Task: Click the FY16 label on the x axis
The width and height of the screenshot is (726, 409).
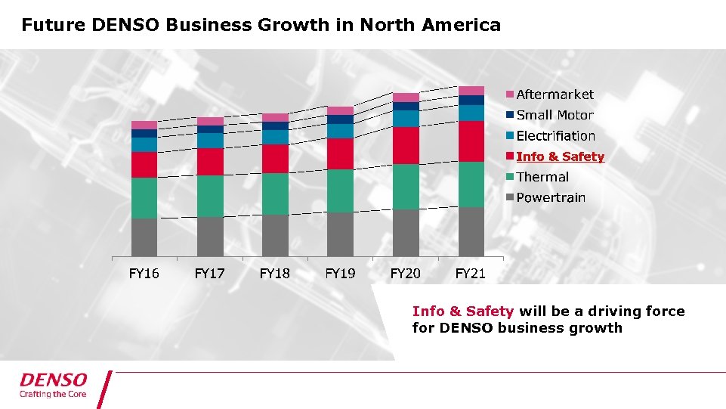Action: click(x=144, y=273)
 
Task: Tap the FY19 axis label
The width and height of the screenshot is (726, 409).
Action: click(x=340, y=273)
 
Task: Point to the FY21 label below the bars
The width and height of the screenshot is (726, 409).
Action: click(x=471, y=273)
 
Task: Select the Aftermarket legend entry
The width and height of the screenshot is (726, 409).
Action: click(x=555, y=95)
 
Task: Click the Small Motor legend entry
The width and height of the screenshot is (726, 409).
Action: click(x=555, y=115)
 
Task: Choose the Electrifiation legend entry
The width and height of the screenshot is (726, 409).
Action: click(x=555, y=136)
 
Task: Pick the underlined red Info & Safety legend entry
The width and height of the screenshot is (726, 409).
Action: click(x=560, y=156)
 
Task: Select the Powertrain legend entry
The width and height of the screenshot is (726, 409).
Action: click(x=550, y=197)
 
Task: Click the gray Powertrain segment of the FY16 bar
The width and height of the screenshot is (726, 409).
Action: click(x=144, y=237)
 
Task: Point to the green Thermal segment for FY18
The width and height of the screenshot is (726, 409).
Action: click(x=275, y=194)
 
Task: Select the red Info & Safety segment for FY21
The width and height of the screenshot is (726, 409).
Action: click(x=471, y=141)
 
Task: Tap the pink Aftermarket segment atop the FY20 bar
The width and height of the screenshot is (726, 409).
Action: click(x=406, y=97)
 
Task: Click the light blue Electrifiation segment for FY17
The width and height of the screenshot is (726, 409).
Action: click(x=210, y=140)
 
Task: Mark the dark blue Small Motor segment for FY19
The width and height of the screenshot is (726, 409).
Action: click(x=340, y=119)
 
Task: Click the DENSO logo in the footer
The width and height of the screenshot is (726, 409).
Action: click(x=54, y=380)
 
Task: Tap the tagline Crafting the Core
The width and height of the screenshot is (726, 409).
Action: click(x=53, y=394)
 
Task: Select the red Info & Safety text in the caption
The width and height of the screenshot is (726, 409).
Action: click(x=463, y=311)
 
